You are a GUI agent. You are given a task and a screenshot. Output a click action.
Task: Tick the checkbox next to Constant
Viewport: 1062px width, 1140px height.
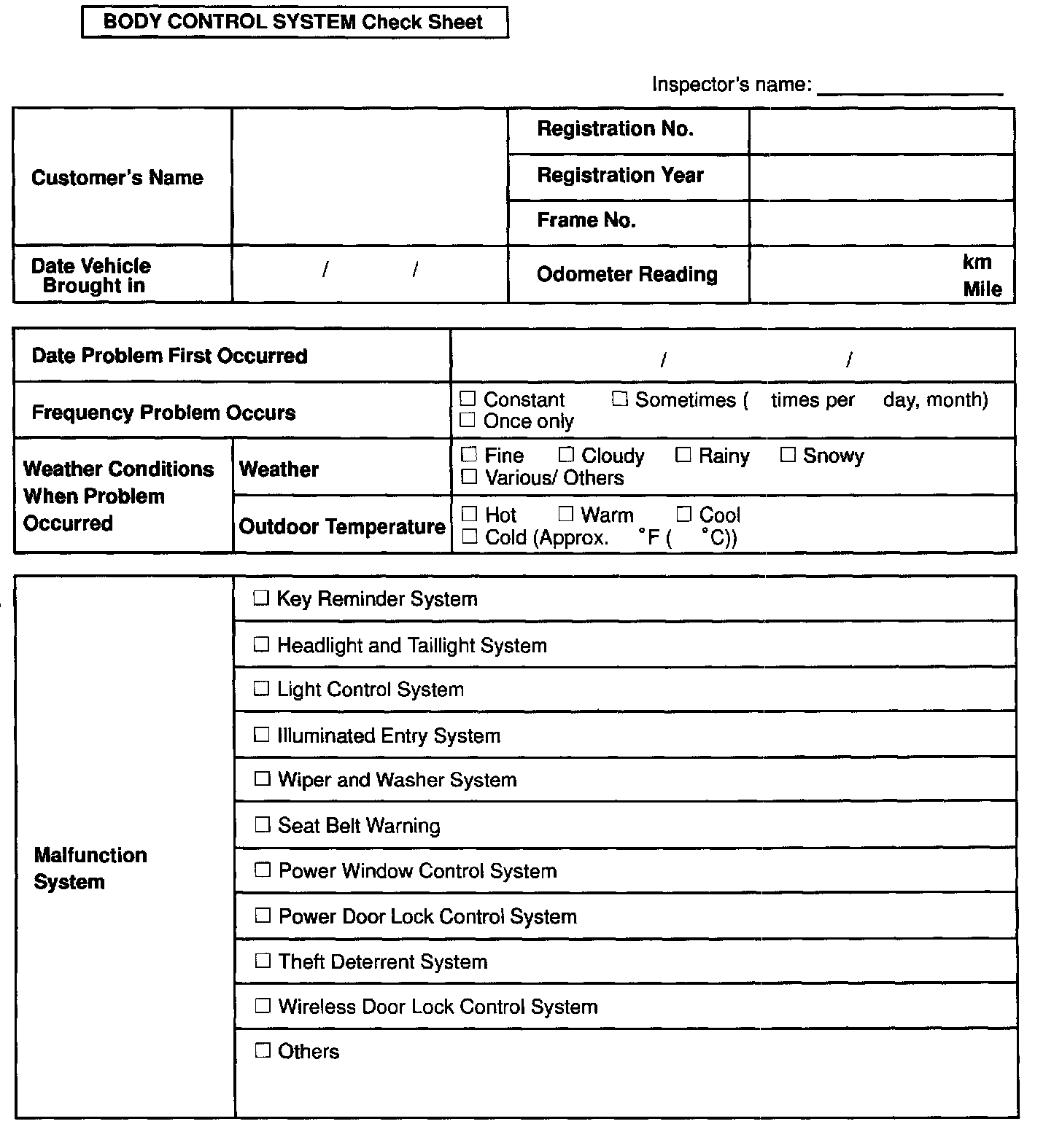tap(468, 399)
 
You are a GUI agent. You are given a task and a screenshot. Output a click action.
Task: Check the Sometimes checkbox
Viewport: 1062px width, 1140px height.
tap(620, 399)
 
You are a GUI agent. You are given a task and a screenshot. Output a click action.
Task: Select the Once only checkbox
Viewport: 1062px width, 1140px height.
tap(468, 421)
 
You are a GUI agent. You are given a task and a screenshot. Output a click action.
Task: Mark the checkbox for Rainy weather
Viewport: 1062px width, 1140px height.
tap(683, 456)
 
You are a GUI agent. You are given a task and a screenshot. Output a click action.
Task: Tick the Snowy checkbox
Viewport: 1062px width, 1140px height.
tap(788, 456)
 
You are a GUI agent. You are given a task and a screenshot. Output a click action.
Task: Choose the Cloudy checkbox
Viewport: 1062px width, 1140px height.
tap(566, 456)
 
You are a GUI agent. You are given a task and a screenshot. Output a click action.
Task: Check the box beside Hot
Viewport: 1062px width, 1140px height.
tap(470, 515)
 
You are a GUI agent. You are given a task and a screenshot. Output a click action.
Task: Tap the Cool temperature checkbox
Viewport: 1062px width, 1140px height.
tap(684, 515)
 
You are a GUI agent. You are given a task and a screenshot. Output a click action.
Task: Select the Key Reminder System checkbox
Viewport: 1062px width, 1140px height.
tap(261, 599)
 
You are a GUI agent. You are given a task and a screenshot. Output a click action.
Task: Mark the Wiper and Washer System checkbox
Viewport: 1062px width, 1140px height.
tap(262, 779)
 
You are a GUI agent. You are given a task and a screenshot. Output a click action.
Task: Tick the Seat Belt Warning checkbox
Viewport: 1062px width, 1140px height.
tap(262, 825)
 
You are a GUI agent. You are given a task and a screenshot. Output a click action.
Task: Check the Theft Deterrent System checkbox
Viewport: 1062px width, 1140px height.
tap(263, 961)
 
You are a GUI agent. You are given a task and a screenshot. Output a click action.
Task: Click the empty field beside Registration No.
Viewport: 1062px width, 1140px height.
tap(881, 131)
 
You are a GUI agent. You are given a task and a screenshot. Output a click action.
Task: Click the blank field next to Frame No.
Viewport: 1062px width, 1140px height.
tap(881, 222)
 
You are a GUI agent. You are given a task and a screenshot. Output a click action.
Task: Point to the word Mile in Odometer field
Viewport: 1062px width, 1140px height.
tap(982, 289)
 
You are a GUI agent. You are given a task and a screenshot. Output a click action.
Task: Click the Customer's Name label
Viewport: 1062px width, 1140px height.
tap(117, 178)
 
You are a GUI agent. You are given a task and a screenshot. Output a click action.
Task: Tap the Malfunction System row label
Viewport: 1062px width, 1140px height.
tap(90, 868)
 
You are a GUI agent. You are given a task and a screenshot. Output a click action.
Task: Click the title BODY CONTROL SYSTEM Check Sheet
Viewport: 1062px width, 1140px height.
tap(293, 22)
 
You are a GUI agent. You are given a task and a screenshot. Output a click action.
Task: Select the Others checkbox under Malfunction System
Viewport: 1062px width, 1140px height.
tap(263, 1051)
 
